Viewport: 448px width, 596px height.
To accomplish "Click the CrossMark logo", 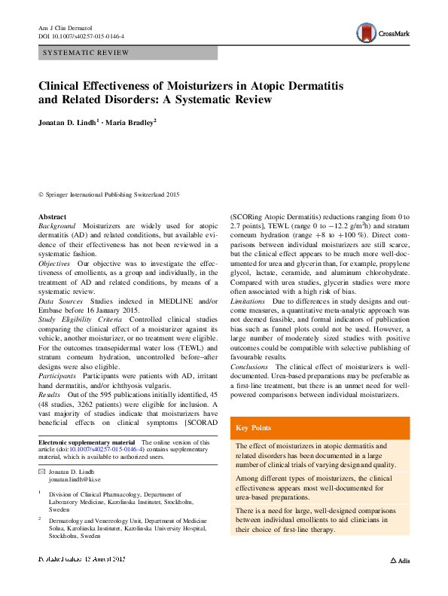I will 383,32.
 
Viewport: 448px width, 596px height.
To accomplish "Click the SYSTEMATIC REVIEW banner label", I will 87,53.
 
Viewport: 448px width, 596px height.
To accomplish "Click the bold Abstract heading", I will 52,217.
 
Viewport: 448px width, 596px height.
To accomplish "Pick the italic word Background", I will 56,226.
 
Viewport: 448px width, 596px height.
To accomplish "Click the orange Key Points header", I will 254,428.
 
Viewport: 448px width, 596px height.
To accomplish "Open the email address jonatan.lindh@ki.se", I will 75,479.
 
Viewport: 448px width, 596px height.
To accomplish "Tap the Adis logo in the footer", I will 400,561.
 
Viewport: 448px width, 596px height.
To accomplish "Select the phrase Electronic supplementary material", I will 87,442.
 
